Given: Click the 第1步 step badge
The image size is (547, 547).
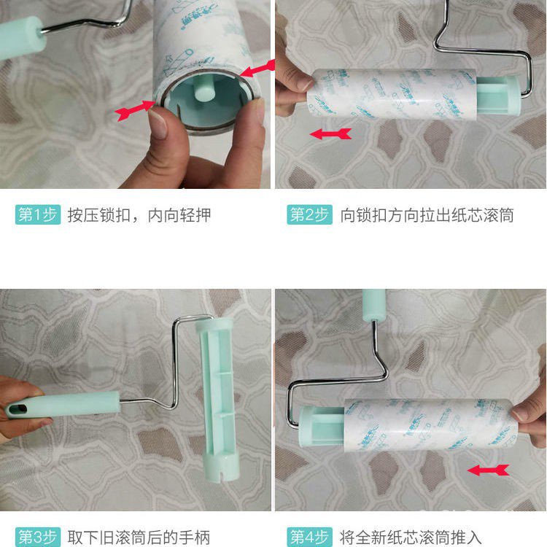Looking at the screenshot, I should (x=36, y=215).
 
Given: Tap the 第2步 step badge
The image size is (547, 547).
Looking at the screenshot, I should (x=310, y=215).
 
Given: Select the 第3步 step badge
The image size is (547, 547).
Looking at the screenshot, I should (x=36, y=538).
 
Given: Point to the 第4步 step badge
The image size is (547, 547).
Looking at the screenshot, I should (x=310, y=538).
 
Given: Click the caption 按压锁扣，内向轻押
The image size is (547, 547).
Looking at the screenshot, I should (x=139, y=215).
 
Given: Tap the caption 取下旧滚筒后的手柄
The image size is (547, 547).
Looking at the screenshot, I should (x=139, y=538).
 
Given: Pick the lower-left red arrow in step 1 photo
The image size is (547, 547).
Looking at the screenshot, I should (x=135, y=110).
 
